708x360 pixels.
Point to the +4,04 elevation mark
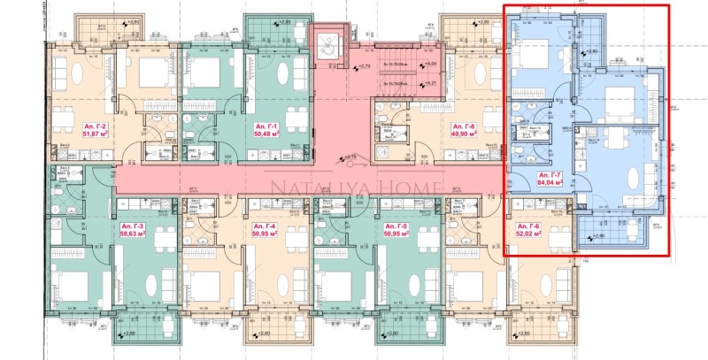(432, 65)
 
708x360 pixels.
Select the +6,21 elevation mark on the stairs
(432, 82)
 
